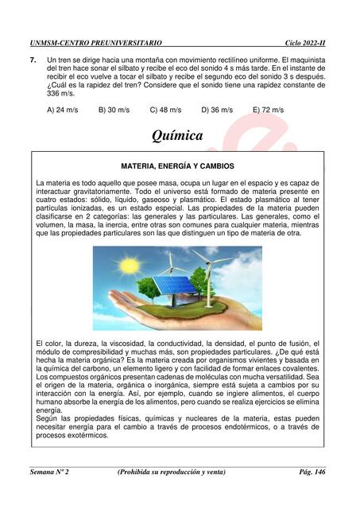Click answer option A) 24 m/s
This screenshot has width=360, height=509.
[x=63, y=110]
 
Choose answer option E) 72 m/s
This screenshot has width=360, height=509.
[x=269, y=110]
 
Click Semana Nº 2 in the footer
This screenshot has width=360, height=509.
[x=50, y=472]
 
